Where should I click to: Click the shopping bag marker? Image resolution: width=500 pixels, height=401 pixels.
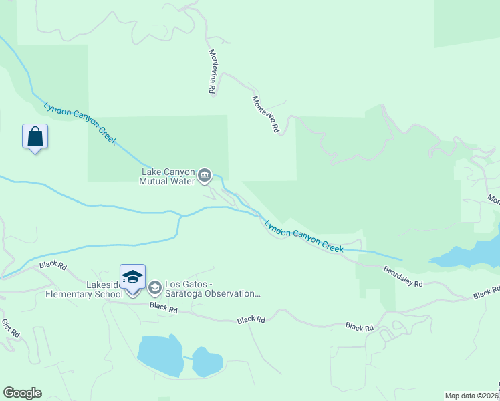click(35, 137)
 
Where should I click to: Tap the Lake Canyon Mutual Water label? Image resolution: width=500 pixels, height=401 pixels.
click(167, 176)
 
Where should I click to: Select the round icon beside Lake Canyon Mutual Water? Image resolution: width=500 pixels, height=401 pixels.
click(205, 176)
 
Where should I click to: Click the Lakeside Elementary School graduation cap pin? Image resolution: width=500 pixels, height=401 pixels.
click(132, 276)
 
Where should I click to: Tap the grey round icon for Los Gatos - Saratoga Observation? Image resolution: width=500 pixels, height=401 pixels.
click(155, 288)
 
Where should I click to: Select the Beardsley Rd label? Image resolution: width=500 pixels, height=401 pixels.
click(403, 275)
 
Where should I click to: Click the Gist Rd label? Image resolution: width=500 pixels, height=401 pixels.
click(11, 327)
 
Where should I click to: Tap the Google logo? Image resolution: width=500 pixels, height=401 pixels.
click(22, 393)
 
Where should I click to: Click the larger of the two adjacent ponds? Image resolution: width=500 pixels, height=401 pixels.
click(160, 356)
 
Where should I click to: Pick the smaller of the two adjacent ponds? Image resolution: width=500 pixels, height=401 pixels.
click(207, 362)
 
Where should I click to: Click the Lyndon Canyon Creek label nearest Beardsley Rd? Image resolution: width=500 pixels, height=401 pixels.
click(304, 237)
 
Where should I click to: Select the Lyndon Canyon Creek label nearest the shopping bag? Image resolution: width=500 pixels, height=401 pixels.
click(80, 124)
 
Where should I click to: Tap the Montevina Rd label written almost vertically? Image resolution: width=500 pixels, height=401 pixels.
click(212, 71)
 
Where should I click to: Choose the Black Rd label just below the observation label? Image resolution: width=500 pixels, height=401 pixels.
click(163, 308)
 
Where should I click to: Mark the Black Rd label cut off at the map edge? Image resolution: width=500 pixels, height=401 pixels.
click(486, 293)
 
